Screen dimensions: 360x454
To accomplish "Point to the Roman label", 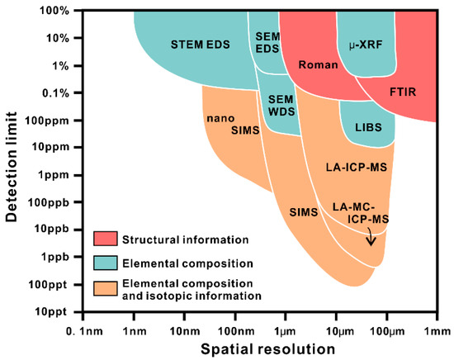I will click(314, 64).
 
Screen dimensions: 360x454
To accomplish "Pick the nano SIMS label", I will click(221, 124).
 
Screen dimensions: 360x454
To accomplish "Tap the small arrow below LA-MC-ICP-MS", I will click(371, 239).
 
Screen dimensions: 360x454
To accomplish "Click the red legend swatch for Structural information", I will click(106, 240).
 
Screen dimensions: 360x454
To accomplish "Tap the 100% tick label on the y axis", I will click(52, 11).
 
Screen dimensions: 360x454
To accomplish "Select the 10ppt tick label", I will click(53, 311).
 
